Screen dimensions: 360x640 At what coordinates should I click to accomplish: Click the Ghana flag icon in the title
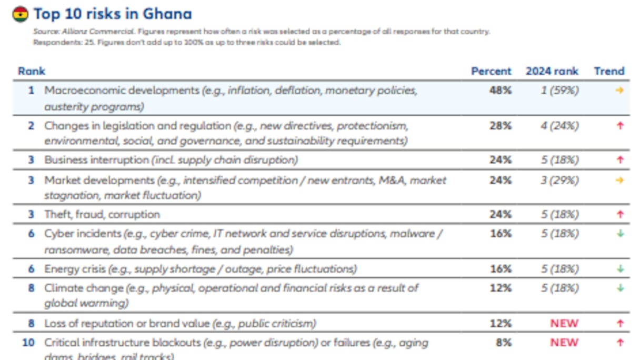(20, 14)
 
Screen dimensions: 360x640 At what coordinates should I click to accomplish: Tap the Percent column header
(491, 71)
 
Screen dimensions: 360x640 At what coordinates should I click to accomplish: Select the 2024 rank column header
(552, 71)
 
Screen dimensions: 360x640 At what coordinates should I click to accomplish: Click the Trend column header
(609, 71)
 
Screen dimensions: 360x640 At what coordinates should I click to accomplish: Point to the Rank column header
(32, 71)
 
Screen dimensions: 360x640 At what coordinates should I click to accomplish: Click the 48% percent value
(500, 91)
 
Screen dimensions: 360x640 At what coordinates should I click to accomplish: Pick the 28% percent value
(500, 126)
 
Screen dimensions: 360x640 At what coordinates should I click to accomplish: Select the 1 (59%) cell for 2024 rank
(559, 91)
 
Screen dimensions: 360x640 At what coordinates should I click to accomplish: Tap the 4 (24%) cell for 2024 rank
(559, 126)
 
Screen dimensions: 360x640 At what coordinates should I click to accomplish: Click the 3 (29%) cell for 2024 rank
(559, 180)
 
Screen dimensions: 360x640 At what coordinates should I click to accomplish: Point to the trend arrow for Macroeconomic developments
(619, 91)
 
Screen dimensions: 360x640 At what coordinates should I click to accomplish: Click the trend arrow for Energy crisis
(620, 269)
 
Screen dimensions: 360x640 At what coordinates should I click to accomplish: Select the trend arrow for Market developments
(619, 180)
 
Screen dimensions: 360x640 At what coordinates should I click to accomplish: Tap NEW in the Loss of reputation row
(564, 323)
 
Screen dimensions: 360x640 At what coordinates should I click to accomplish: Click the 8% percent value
(503, 343)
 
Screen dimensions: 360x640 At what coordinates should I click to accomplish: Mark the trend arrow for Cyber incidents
(620, 234)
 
